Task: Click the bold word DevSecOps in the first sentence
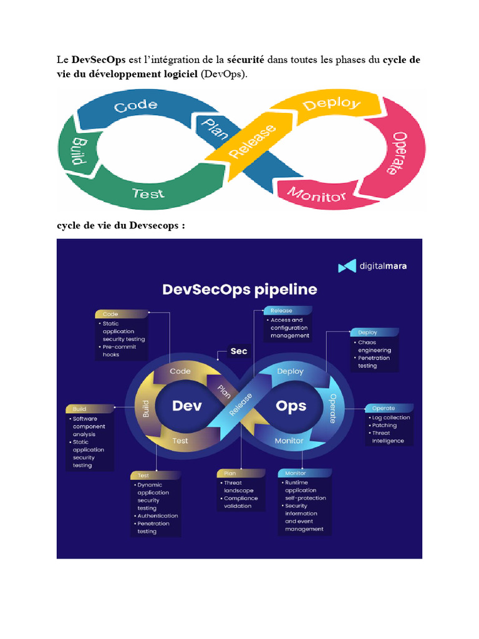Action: coord(98,60)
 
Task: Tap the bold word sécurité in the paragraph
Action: coord(246,59)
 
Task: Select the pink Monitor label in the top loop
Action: coord(316,195)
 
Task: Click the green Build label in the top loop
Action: coord(79,151)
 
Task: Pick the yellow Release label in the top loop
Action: coord(253,141)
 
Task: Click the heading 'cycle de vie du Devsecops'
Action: coord(121,225)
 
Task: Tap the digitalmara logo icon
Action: coord(347,266)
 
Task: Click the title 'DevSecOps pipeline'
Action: coord(239,290)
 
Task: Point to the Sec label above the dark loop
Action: coord(239,351)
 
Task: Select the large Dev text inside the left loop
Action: coord(187,406)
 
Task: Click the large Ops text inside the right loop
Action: coord(291,406)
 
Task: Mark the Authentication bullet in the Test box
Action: coord(156,515)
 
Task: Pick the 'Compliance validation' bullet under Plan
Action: coord(239,502)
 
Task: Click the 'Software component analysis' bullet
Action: coord(87,426)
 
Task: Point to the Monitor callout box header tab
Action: coord(304,473)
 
